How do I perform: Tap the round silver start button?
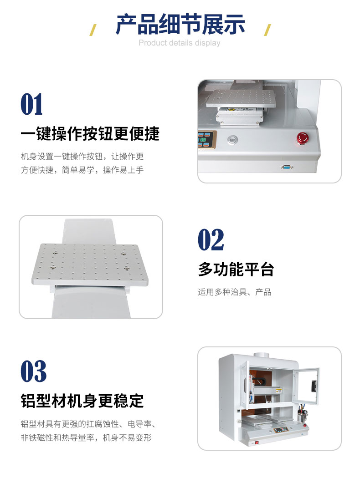232,140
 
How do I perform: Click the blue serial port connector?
287,167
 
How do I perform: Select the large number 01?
32,104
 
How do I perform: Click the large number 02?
211,240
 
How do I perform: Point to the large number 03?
34,371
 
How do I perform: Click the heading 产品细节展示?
180,25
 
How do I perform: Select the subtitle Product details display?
180,43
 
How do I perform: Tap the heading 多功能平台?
236,269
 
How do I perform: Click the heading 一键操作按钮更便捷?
90,133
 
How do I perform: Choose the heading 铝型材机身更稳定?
82,401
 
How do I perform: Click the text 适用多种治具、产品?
235,292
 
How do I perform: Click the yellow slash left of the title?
93,30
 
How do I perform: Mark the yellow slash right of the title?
267,30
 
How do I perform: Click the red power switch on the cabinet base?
257,442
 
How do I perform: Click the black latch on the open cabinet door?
313,386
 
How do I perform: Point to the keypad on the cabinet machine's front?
281,430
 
